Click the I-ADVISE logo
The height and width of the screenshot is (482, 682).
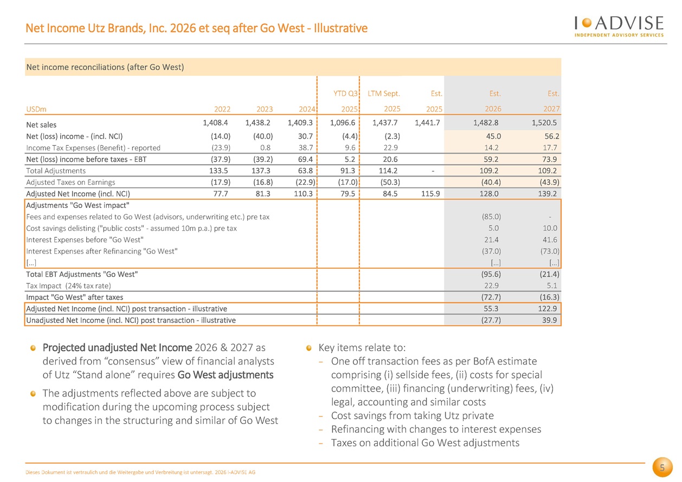pos(619,27)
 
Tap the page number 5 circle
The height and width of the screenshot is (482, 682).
pos(662,467)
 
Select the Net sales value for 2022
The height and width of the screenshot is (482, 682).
pos(215,122)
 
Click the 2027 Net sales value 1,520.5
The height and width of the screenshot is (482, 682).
pos(544,122)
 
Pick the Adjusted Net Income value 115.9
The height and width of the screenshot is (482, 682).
pos(430,193)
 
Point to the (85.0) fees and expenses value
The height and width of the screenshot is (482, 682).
pos(491,217)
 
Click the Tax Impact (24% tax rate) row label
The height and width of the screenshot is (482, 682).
pos(68,286)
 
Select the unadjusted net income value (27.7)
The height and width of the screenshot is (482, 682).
pos(491,320)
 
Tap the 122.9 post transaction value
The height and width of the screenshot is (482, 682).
pos(548,309)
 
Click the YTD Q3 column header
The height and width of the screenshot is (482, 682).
pos(345,93)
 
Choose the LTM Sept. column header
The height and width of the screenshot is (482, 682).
pos(384,93)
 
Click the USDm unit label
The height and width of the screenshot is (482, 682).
pos(36,109)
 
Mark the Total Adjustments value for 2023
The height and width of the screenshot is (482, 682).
pos(261,171)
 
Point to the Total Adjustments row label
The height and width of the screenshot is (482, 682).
pos(56,171)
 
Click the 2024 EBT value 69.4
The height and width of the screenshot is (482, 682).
pos(305,159)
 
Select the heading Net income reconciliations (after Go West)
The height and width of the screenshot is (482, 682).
pos(105,67)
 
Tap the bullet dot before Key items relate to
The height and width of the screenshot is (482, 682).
pos(308,348)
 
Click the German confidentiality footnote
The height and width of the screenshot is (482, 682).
pos(140,472)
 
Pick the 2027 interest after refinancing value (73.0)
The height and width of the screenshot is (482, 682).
pos(550,251)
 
